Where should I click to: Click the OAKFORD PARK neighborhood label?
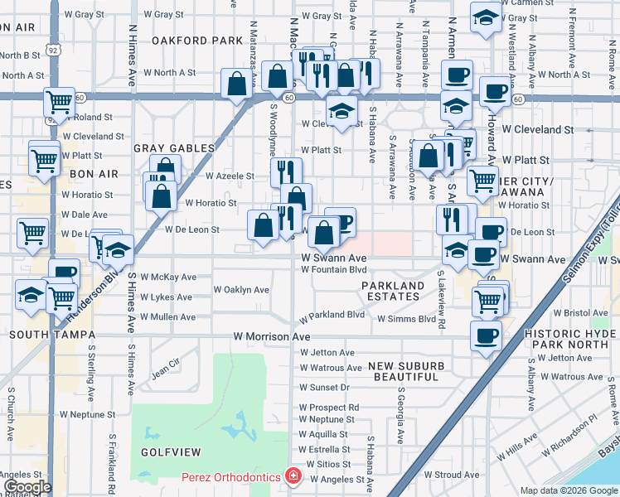[x=196, y=40]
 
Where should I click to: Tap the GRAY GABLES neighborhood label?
[x=174, y=148]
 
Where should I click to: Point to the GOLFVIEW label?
[x=171, y=454]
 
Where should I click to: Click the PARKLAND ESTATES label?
[x=392, y=291]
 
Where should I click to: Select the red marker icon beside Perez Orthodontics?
[x=292, y=475]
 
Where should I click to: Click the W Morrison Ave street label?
[x=271, y=337]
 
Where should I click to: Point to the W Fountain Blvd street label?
[x=333, y=269]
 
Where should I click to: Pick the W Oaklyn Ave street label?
[x=241, y=290]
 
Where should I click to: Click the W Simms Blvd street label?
[x=406, y=318]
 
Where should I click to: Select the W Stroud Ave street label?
[x=456, y=475]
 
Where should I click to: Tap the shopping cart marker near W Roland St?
[x=59, y=102]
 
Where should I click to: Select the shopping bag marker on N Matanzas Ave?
[x=238, y=82]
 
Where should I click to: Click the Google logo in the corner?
[x=27, y=487]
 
